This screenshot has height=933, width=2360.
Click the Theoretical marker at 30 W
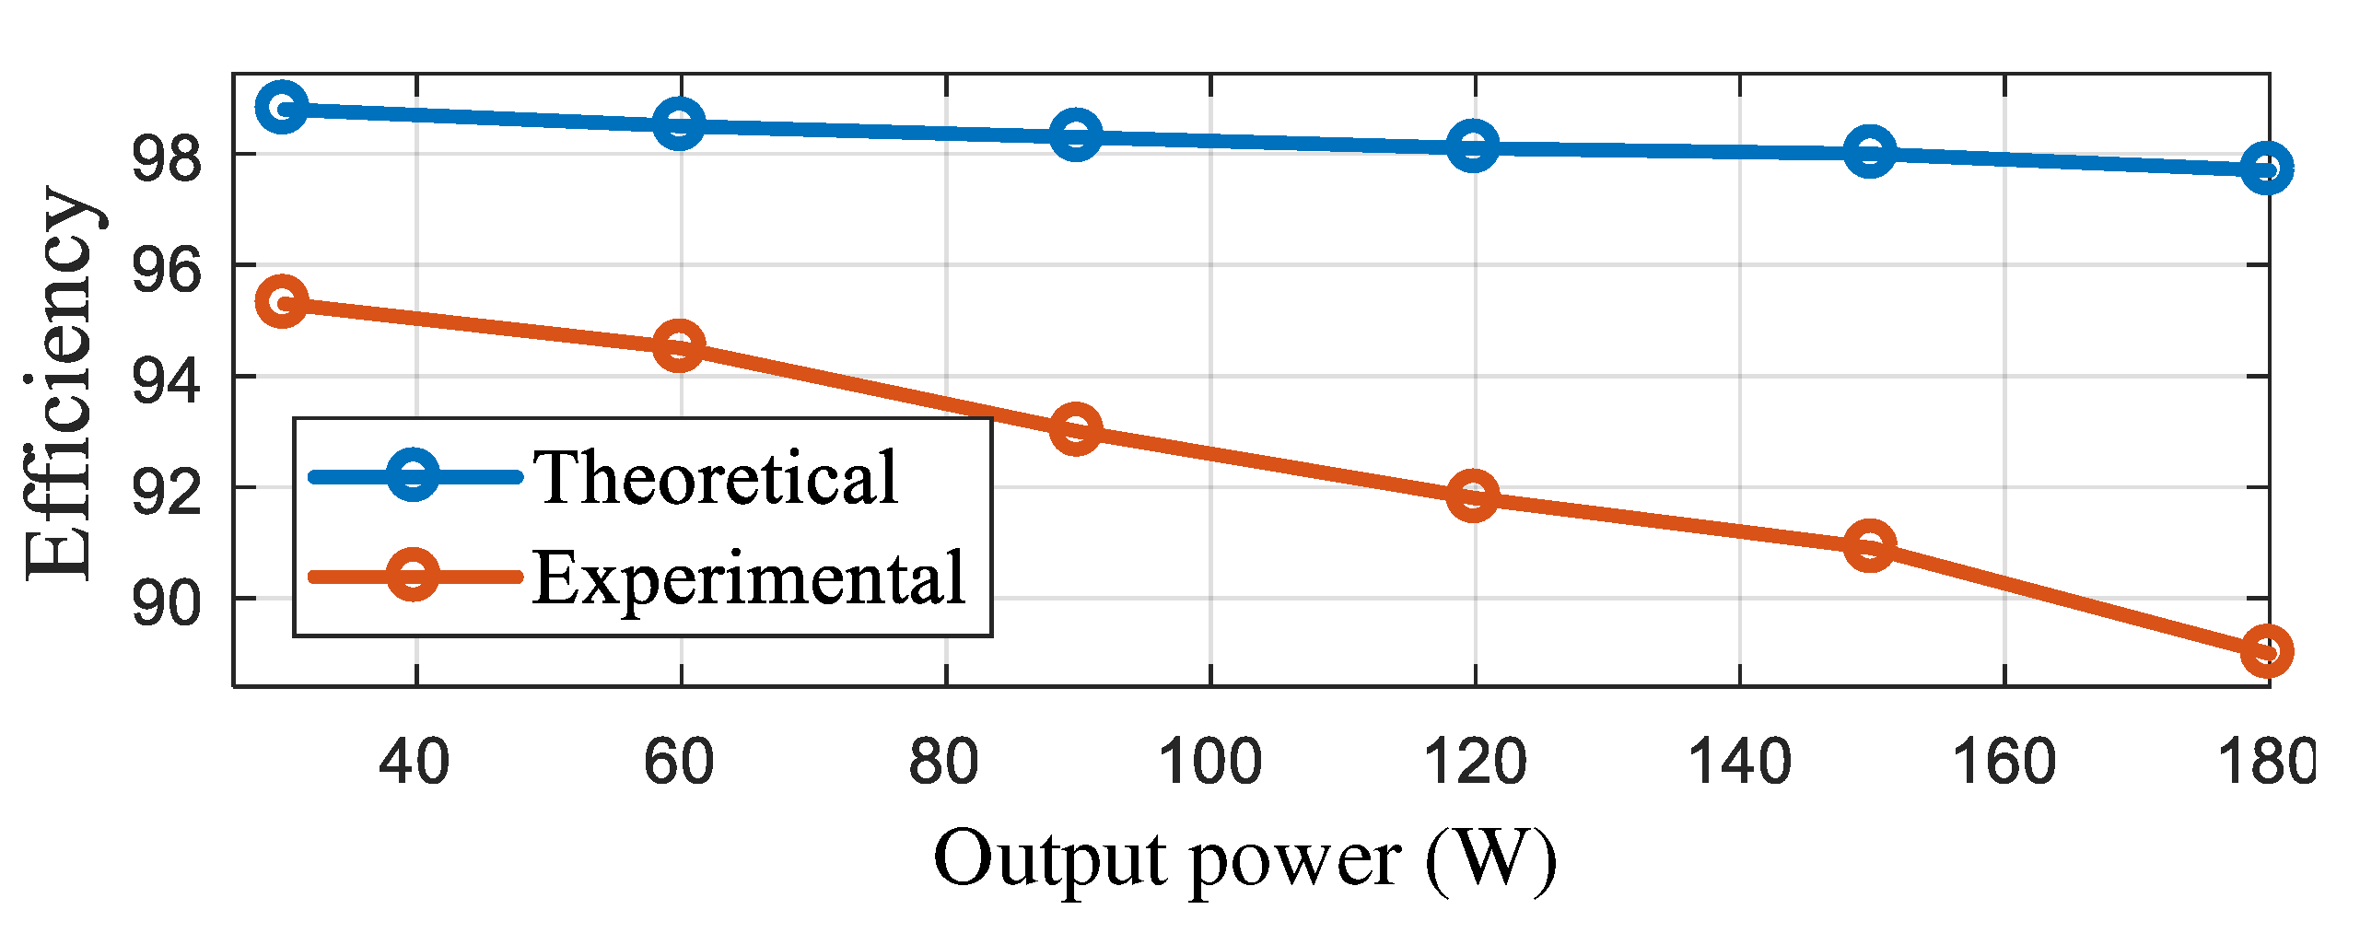pos(282,108)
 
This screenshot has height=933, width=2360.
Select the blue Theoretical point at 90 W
pos(1075,135)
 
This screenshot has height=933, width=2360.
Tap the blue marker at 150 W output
pos(1869,152)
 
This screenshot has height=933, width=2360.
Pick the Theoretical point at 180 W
pos(2266,169)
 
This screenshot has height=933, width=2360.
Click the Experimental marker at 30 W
pos(282,301)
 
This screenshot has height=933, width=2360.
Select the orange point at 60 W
pos(679,346)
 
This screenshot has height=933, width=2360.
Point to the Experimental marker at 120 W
pos(1472,496)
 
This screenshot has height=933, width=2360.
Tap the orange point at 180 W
pos(2266,651)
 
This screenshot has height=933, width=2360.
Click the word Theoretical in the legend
pos(716,478)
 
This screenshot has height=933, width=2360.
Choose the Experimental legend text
pos(748,578)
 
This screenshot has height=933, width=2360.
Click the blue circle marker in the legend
pos(413,475)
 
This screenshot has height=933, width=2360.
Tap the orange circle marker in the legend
pos(413,576)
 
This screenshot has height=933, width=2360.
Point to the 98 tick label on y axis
pos(166,158)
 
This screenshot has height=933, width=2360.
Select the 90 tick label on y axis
pos(166,603)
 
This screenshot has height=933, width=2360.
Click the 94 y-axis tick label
pos(166,381)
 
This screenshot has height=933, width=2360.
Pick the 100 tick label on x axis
pos(1209,763)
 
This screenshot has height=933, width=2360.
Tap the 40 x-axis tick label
pos(415,763)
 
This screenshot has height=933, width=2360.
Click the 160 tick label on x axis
pos(2004,763)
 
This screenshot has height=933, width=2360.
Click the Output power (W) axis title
pos(1244,860)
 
